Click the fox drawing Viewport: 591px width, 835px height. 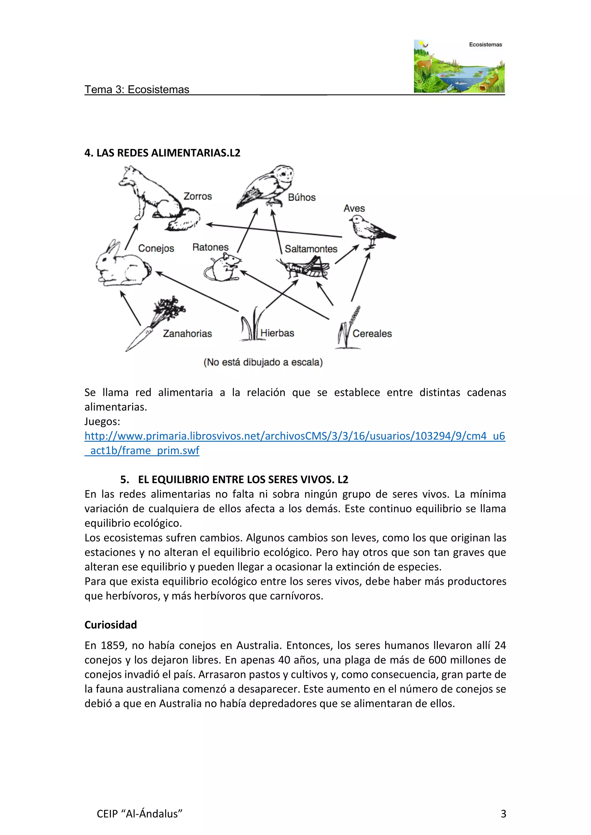click(156, 198)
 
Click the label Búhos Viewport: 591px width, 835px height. click(302, 198)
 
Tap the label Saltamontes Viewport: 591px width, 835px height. click(311, 249)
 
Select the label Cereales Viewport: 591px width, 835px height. click(372, 334)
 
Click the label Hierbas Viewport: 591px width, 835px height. click(277, 333)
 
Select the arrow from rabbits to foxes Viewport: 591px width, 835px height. click(131, 236)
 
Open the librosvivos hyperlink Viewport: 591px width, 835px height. click(295, 436)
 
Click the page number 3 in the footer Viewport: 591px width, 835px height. click(503, 814)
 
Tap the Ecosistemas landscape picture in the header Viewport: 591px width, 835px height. click(459, 66)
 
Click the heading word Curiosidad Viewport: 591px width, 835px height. click(111, 625)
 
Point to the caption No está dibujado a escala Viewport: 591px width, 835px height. click(263, 362)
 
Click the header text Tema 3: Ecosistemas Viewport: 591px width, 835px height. click(137, 89)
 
